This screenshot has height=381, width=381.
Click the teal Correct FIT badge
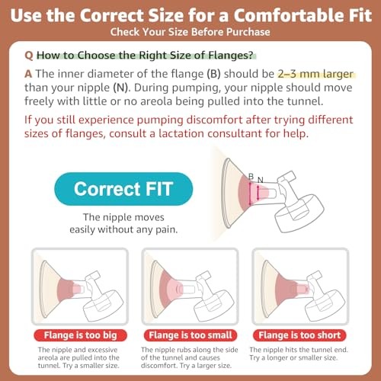point(123,189)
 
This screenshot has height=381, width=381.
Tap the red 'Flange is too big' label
point(80,335)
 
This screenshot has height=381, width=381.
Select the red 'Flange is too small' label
point(190,335)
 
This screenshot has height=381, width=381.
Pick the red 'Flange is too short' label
point(299,335)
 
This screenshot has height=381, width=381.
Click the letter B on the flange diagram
point(251,176)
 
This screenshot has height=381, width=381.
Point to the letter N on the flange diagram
point(261,180)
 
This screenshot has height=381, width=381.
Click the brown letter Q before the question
point(29,56)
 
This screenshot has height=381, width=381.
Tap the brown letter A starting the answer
point(28,74)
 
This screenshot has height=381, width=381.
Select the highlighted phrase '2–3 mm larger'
point(315,74)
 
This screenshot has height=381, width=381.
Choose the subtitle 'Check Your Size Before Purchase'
point(190,32)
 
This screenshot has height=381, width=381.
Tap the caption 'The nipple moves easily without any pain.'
point(123,223)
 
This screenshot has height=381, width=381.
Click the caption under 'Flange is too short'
point(299,354)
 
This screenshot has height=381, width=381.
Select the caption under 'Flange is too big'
point(78,357)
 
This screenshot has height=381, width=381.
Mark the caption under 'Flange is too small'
point(190,357)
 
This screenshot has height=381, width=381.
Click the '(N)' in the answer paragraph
point(121,88)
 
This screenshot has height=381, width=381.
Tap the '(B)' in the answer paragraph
point(213,74)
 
